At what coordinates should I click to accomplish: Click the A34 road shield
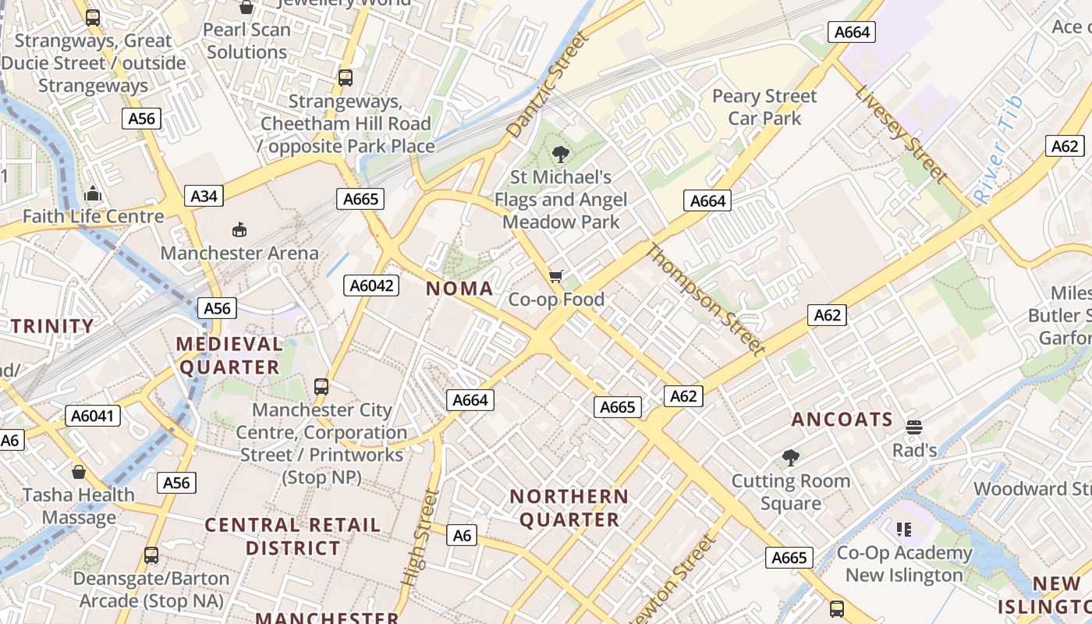[204, 196]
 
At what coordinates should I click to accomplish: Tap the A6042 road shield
[371, 285]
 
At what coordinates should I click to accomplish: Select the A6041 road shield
[93, 416]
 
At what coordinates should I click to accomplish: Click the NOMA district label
[459, 289]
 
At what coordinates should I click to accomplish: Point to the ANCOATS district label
[842, 420]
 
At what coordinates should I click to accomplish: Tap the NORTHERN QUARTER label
[569, 508]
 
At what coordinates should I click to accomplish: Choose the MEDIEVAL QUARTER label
[229, 356]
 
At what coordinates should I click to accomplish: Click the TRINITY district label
[51, 326]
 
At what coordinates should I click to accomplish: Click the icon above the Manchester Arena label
[239, 230]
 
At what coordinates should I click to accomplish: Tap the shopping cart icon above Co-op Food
[556, 276]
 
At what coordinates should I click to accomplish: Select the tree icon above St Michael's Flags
[560, 154]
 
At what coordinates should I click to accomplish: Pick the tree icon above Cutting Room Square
[791, 457]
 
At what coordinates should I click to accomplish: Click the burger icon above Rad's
[914, 427]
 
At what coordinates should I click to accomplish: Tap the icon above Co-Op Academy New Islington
[905, 530]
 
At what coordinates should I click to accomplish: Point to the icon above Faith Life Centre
[93, 193]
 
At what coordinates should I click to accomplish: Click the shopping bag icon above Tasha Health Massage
[78, 472]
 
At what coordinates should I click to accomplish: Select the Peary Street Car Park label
[764, 108]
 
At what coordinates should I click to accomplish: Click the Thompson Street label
[704, 300]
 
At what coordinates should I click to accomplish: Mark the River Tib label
[998, 151]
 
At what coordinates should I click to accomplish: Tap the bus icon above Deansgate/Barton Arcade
[151, 555]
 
